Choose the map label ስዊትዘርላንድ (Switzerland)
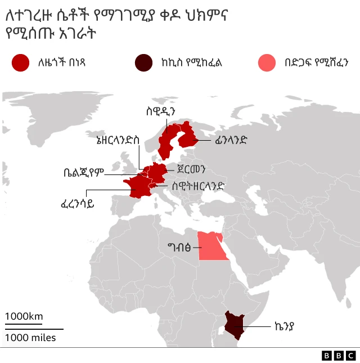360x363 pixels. point(199,185)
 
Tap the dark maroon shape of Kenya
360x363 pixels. point(235,324)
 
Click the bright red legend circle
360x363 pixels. point(20,62)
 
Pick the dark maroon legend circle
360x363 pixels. point(143,62)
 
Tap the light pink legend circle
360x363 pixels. point(267,62)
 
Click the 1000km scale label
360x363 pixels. point(24,316)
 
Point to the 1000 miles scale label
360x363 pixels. point(31,337)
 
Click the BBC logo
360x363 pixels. point(339,355)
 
